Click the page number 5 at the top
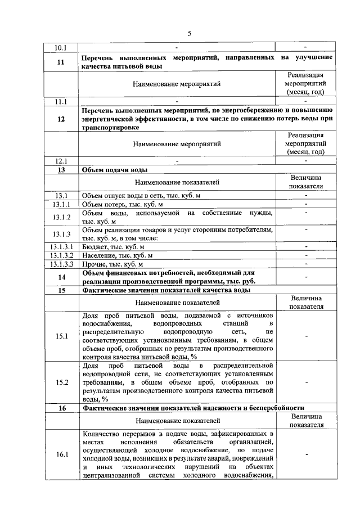[190, 33]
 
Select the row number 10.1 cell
[61, 47]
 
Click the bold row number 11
[61, 62]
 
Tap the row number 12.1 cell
[61, 161]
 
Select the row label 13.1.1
[61, 204]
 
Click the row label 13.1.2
[61, 217]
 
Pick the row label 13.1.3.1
[61, 246]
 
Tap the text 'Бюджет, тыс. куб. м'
[113, 246]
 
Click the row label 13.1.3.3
[61, 263]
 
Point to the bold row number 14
[61, 277]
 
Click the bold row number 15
[61, 290]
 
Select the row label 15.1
[61, 336]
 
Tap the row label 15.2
[61, 382]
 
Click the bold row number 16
[61, 408]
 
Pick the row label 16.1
[61, 454]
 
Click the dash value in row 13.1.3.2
[305, 255]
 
